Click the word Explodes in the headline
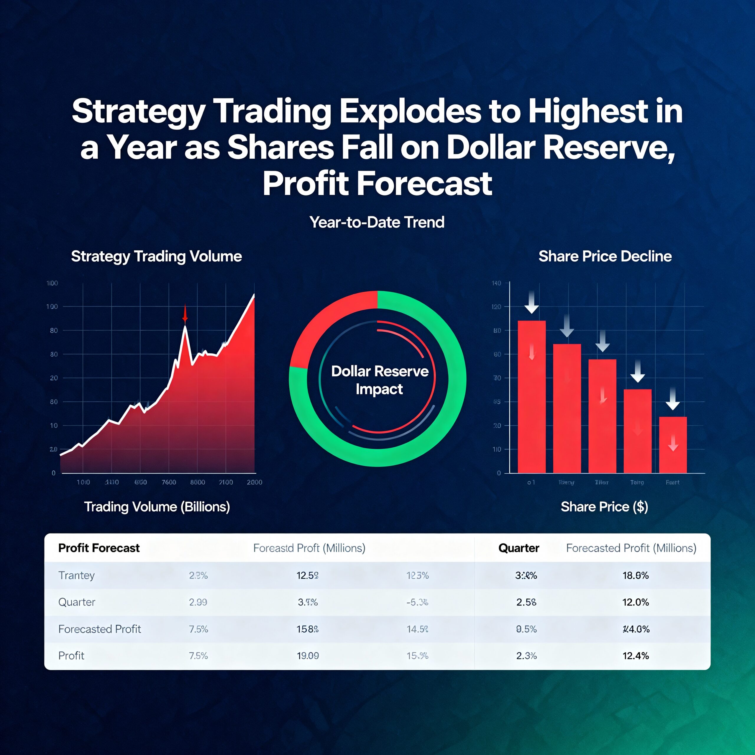(410, 112)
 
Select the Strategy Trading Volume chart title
(156, 256)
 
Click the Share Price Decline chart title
(605, 256)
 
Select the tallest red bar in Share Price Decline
(531, 397)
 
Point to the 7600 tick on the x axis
(169, 482)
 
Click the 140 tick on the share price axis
(496, 283)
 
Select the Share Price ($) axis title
(604, 507)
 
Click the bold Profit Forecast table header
(99, 548)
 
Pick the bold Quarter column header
(518, 548)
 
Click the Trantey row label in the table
(77, 575)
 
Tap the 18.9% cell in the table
(636, 575)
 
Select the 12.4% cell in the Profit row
(636, 656)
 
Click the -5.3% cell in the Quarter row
(417, 602)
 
